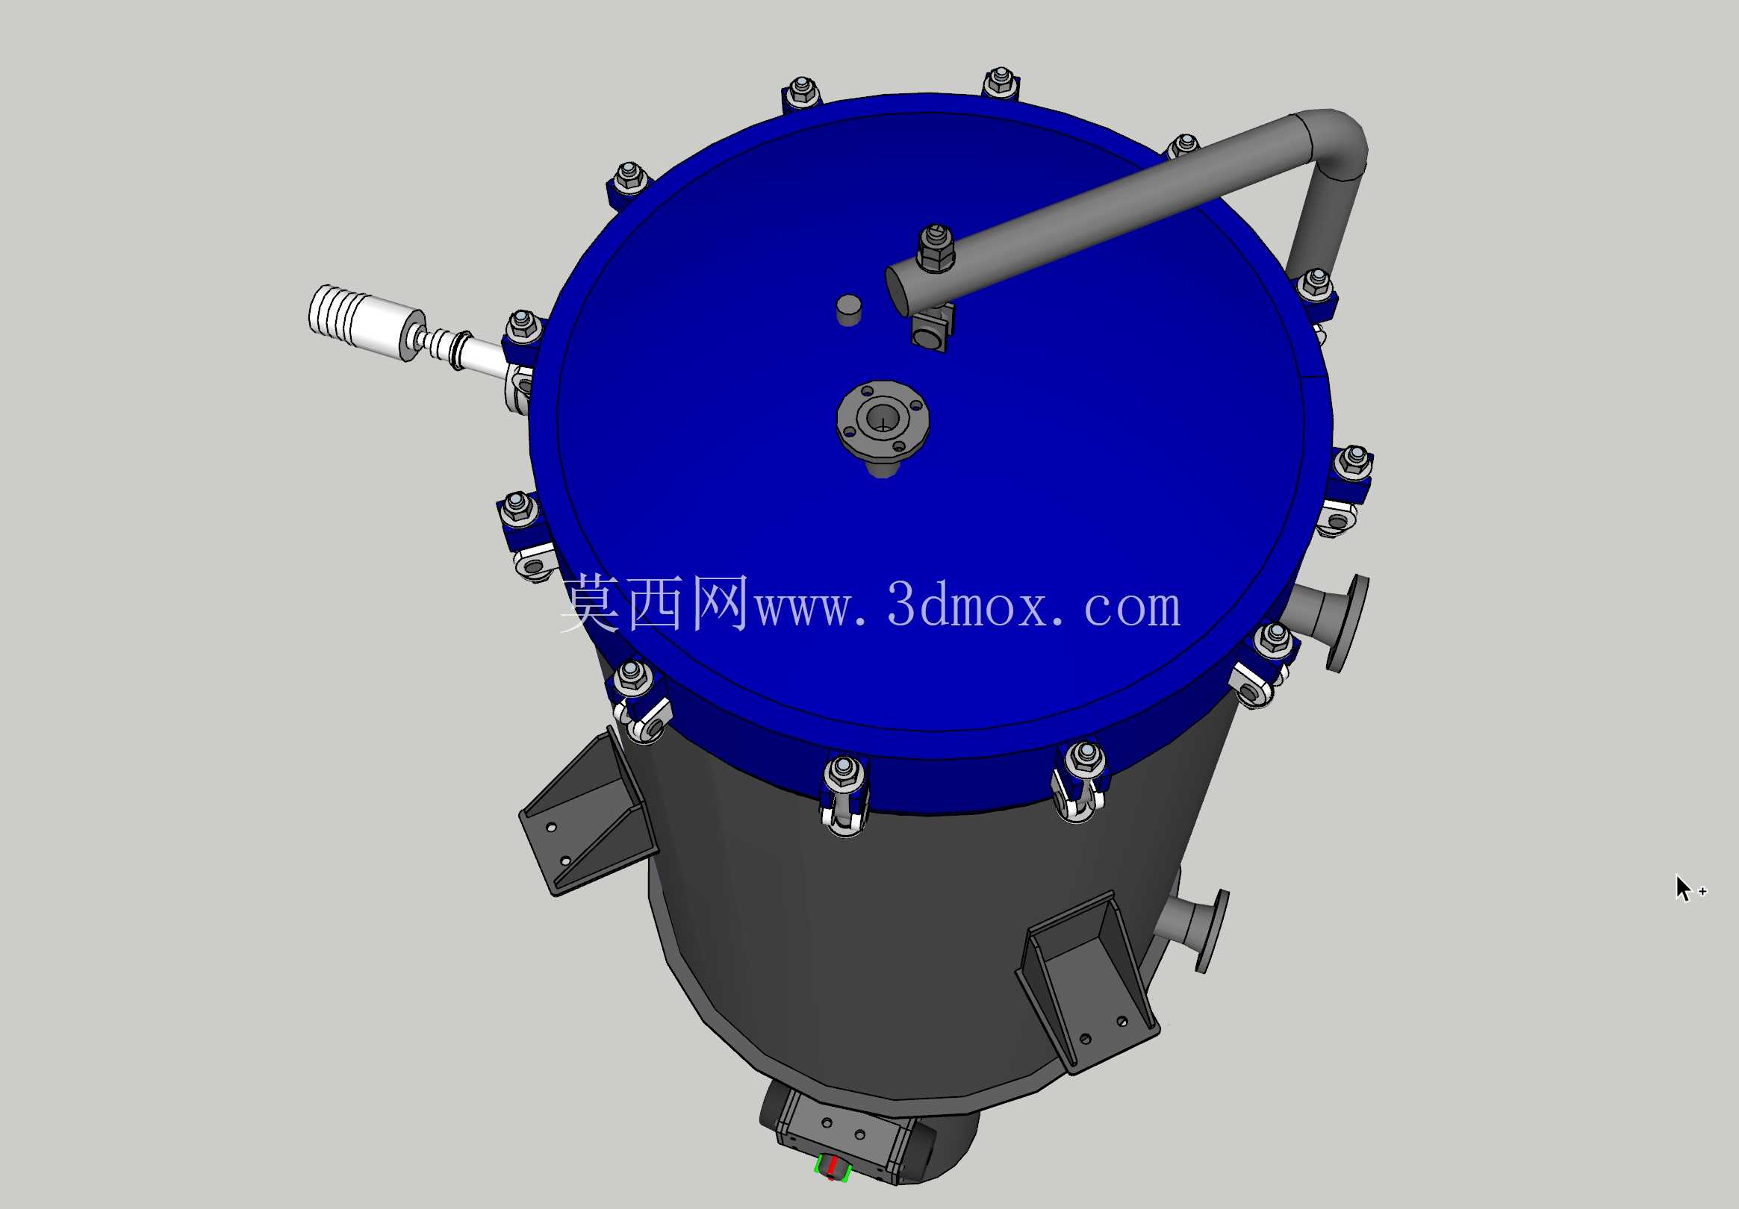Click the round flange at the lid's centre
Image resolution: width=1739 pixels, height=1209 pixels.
click(x=883, y=421)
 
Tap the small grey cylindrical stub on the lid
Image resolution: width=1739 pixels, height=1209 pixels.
click(x=849, y=310)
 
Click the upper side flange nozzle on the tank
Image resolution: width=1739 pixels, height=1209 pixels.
click(x=1329, y=620)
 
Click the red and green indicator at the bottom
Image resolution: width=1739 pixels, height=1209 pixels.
click(x=833, y=1167)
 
